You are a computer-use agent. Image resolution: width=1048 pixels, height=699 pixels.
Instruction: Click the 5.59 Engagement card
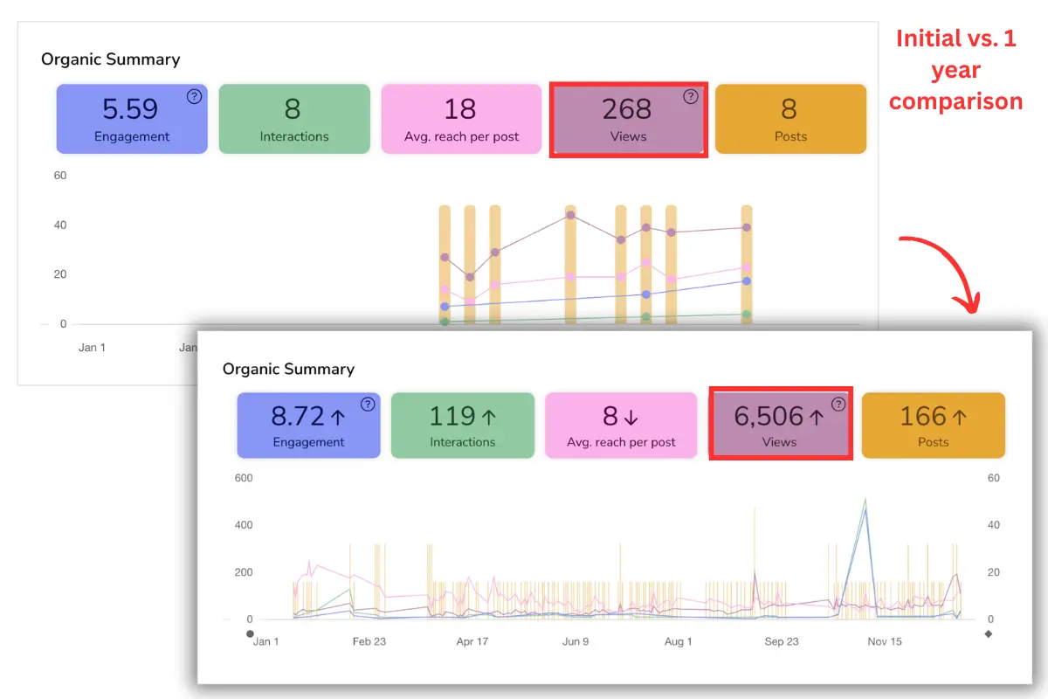click(x=132, y=119)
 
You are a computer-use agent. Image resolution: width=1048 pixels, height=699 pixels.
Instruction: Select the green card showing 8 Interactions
click(x=294, y=119)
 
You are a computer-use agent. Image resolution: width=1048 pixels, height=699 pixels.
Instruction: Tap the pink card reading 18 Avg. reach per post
click(x=461, y=119)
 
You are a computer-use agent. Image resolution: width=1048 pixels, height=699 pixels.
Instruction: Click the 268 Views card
click(x=628, y=120)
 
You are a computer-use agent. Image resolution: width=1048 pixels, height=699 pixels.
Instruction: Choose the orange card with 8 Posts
click(x=790, y=119)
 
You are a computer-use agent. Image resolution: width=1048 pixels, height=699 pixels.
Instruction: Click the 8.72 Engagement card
click(x=308, y=426)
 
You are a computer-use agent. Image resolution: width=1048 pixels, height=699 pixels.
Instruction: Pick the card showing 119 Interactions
click(x=462, y=426)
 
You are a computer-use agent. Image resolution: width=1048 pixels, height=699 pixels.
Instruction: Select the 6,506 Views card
click(x=780, y=426)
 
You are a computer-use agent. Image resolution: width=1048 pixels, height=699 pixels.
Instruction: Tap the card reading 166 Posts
click(x=933, y=426)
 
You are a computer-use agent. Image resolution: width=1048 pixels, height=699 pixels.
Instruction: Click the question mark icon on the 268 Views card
click(x=691, y=97)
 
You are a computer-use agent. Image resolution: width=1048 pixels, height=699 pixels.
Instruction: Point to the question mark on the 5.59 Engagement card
click(x=194, y=97)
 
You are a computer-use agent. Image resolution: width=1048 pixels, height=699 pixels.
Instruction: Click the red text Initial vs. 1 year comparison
click(x=955, y=70)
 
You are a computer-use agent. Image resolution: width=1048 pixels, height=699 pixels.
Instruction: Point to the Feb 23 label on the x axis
click(x=369, y=641)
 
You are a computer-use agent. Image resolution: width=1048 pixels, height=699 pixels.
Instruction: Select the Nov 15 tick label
click(x=885, y=641)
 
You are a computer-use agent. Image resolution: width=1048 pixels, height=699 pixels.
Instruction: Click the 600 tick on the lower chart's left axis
click(x=243, y=478)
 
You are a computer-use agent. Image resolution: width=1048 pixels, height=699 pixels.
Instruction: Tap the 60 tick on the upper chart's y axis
click(x=59, y=176)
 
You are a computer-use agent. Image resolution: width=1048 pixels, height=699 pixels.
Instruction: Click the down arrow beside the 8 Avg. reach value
click(x=631, y=417)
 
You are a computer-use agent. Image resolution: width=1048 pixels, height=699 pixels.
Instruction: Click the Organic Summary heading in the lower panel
click(x=288, y=369)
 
